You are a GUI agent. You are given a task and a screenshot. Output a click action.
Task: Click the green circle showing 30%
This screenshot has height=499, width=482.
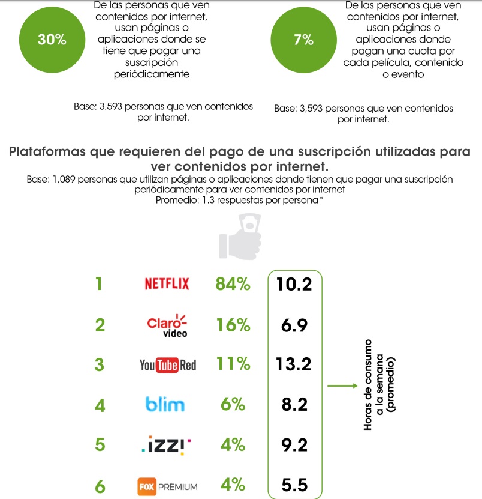click(x=52, y=40)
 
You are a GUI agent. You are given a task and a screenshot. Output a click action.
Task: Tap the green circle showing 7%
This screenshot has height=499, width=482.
click(x=303, y=40)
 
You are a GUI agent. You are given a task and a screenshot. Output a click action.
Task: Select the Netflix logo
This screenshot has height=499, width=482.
click(x=167, y=284)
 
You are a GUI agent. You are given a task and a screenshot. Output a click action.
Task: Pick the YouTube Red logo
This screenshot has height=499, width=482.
click(x=167, y=364)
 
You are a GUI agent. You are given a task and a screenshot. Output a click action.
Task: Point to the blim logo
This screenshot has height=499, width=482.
click(x=165, y=404)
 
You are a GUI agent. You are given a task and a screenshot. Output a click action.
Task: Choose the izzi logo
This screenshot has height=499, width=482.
click(x=167, y=445)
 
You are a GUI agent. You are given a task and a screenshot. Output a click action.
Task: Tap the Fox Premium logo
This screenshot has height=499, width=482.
click(x=167, y=486)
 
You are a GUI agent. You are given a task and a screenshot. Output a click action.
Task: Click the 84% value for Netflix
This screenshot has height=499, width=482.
click(x=233, y=284)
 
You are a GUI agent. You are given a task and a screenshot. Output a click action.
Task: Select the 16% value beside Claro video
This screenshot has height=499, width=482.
click(x=233, y=325)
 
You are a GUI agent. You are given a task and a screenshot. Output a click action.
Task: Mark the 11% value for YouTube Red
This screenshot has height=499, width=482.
click(x=233, y=364)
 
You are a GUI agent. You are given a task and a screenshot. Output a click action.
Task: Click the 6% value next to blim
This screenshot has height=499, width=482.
click(x=233, y=405)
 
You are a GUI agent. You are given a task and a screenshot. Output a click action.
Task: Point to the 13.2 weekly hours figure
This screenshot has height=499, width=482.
click(x=294, y=365)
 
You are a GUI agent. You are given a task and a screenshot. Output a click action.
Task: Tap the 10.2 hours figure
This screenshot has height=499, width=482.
click(x=294, y=284)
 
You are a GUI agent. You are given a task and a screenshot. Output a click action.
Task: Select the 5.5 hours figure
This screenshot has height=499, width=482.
click(x=294, y=486)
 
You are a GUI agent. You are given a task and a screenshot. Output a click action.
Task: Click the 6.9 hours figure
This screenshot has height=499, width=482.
click(x=294, y=325)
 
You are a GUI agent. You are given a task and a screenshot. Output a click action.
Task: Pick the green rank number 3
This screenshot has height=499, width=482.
click(x=100, y=365)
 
